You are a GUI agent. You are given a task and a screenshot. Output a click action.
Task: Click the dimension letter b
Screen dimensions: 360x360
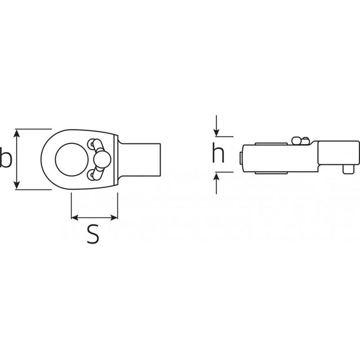[x=5, y=159]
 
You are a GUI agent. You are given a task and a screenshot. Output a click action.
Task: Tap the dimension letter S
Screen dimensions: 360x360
[x=93, y=233]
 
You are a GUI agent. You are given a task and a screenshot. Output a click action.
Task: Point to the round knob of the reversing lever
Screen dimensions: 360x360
[x=103, y=159]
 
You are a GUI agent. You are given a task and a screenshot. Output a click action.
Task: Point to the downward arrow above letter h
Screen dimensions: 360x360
[x=216, y=130]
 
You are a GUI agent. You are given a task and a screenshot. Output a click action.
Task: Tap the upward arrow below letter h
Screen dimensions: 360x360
[x=216, y=176]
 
